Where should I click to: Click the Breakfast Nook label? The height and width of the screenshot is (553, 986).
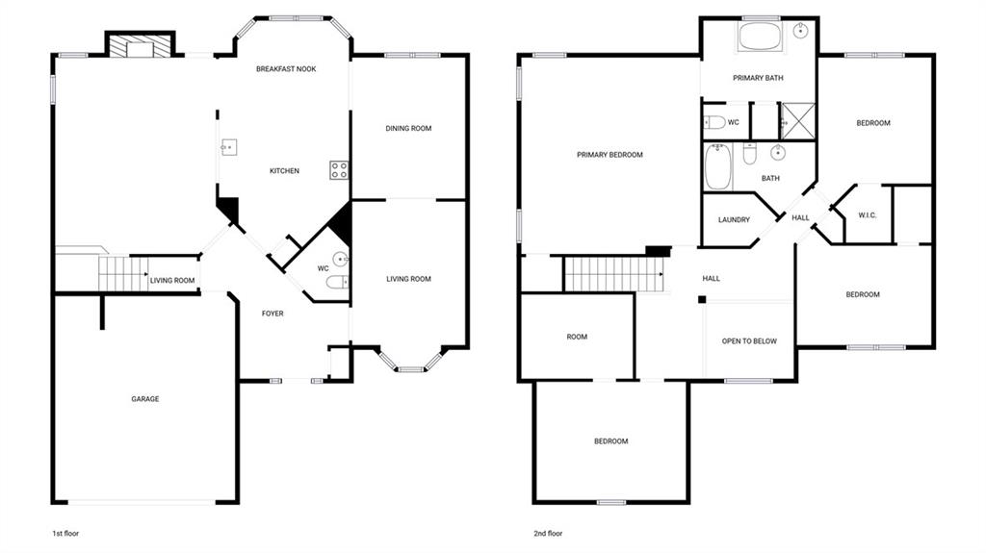(x=285, y=69)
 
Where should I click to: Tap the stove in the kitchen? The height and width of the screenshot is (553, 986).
(x=339, y=170)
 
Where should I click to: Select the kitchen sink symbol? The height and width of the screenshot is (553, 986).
(x=228, y=148)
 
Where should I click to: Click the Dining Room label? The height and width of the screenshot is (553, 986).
(x=408, y=128)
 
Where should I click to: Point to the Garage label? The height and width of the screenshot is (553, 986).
(x=145, y=399)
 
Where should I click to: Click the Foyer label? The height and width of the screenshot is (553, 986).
(x=272, y=314)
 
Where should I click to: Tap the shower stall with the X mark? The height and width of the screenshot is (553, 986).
(x=797, y=120)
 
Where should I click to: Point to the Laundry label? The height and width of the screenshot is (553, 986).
(x=734, y=220)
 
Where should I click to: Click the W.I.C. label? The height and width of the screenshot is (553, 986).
(x=868, y=215)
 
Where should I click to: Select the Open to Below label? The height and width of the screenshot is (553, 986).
(x=749, y=341)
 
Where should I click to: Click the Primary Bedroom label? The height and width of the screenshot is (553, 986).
(x=610, y=155)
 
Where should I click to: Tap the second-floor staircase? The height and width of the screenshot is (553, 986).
(x=613, y=274)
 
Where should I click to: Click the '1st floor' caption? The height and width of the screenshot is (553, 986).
(x=65, y=534)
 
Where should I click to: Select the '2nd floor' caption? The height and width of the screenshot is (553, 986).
(x=548, y=534)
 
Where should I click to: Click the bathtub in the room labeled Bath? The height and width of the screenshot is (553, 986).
(x=717, y=166)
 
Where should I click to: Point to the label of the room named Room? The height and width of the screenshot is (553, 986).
(x=577, y=337)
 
